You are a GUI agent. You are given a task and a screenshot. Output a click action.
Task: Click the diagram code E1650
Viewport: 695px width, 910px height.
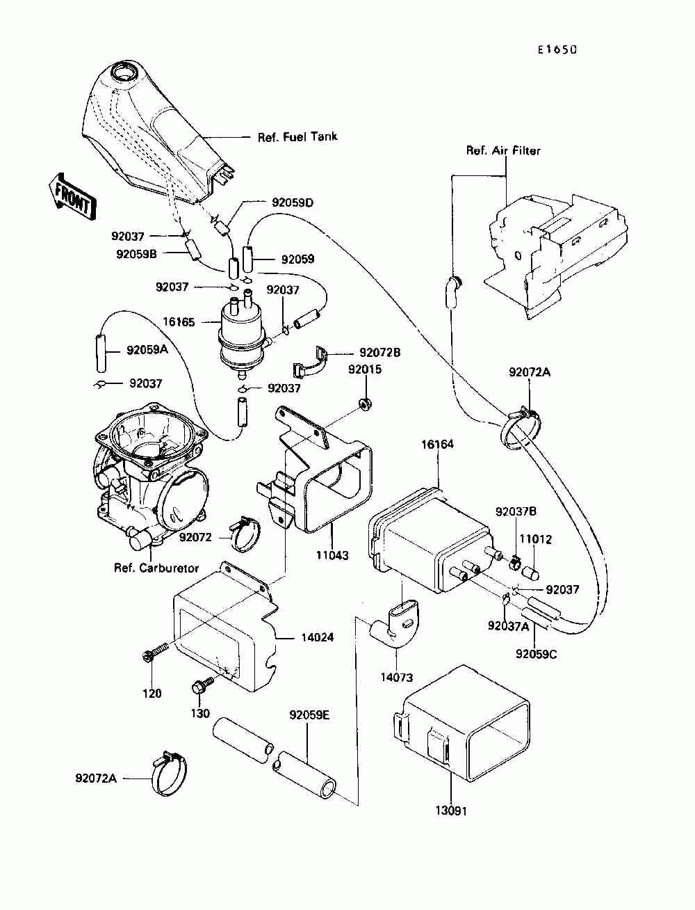(557, 50)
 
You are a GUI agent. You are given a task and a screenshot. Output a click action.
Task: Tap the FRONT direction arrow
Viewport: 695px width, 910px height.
(72, 196)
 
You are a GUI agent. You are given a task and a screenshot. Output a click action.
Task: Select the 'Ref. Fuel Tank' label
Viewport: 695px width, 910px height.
(297, 137)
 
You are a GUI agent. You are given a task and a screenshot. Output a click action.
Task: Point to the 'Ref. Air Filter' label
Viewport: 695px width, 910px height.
(503, 150)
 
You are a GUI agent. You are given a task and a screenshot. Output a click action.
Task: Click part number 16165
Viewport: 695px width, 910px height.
(179, 322)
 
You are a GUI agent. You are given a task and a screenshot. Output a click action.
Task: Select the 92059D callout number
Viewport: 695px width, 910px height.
(293, 202)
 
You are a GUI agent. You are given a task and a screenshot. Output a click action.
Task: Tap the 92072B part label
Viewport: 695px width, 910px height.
(379, 353)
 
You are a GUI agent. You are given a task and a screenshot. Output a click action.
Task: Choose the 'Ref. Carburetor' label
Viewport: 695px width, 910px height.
(156, 568)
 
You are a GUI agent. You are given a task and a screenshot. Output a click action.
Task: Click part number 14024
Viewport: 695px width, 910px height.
(317, 637)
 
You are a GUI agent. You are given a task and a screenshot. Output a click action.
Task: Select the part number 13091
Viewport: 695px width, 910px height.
(451, 811)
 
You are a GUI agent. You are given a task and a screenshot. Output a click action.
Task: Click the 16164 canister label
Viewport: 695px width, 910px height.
(437, 445)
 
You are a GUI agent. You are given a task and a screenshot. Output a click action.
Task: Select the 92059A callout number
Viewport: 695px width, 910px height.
(147, 350)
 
